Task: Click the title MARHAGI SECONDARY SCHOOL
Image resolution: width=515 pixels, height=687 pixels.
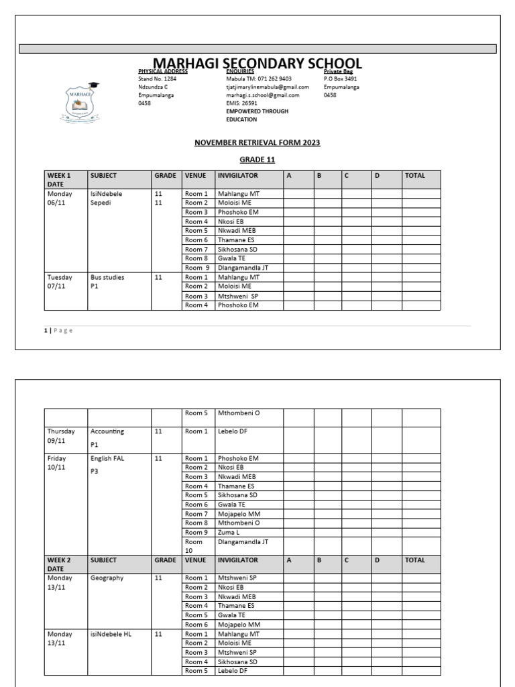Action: [x=257, y=64]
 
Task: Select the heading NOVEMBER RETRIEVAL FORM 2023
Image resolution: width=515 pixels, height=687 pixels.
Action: [x=257, y=142]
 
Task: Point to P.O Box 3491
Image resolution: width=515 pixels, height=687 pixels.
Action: [x=340, y=78]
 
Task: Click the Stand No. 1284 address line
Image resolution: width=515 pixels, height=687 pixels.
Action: [x=158, y=78]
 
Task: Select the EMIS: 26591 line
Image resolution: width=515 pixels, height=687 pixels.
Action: [x=241, y=103]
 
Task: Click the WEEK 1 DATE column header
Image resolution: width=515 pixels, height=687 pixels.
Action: [x=65, y=179]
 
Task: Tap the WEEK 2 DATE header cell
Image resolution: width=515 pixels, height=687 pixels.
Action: [x=65, y=564]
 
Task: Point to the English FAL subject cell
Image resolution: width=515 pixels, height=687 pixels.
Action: [x=119, y=464]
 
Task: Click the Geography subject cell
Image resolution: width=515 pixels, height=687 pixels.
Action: [x=119, y=578]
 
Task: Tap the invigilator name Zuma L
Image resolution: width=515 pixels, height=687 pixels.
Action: [x=229, y=532]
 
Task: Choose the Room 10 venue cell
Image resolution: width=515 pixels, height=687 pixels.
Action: [x=198, y=545]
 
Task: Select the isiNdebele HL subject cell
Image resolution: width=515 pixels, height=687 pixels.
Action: [x=119, y=634]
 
